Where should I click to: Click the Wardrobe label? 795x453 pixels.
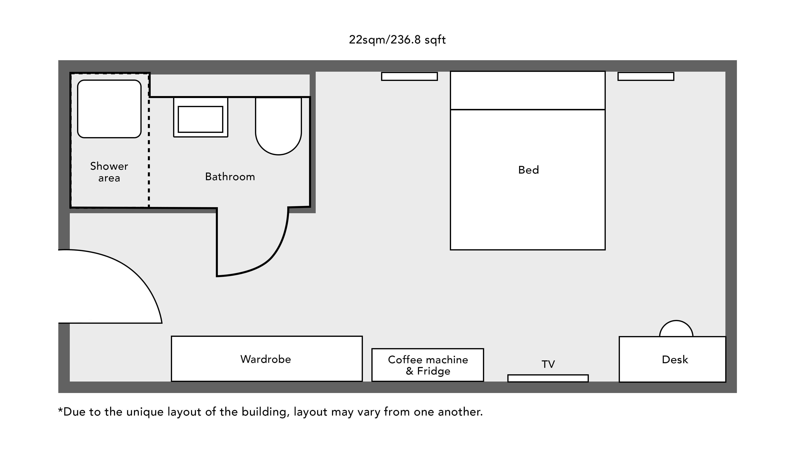[265, 359]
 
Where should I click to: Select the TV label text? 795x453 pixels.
[548, 364]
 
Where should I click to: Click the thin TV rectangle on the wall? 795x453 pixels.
[548, 378]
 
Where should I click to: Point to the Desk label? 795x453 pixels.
[675, 359]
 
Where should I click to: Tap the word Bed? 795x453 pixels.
[529, 170]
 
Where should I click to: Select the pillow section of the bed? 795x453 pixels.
[528, 91]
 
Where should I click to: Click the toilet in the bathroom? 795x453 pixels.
[278, 126]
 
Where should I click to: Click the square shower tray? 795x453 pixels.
[109, 109]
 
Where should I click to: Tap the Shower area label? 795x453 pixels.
[109, 172]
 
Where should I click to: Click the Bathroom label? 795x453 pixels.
[230, 177]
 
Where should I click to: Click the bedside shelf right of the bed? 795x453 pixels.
[646, 76]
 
